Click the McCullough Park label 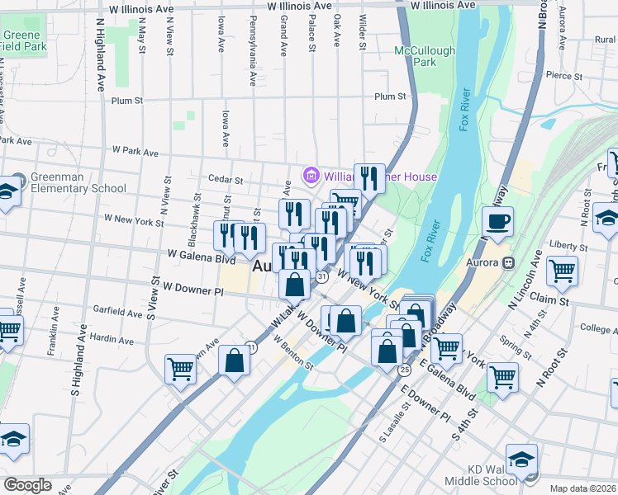coord(425,56)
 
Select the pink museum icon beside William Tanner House coord(311,175)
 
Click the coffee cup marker coord(498,222)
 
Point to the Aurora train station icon coord(509,263)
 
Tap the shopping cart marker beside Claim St coord(562,270)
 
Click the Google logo coord(27,485)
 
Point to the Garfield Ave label coord(117,313)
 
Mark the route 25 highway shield coord(404,370)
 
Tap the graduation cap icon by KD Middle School coord(521,458)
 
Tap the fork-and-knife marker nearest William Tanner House coord(369,178)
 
